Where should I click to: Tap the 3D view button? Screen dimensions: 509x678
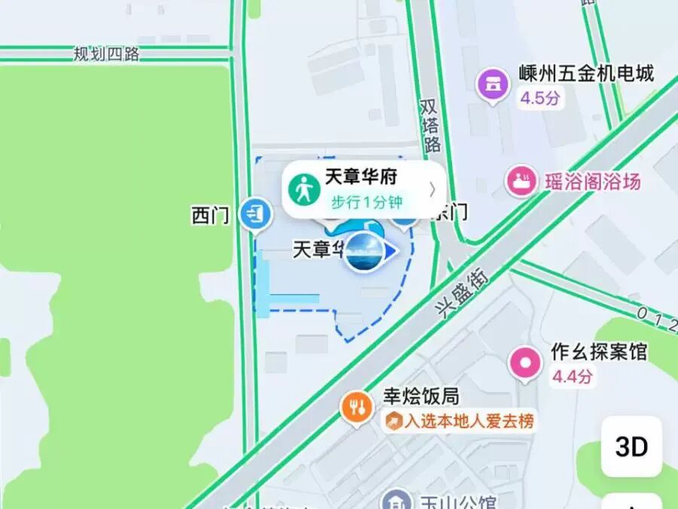point(631,447)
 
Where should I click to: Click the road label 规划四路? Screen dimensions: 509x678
point(107,54)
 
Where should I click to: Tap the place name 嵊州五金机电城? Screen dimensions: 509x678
point(586,74)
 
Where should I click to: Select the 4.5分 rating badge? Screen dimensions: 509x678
point(540,98)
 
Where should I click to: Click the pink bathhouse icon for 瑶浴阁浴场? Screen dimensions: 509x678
point(521,182)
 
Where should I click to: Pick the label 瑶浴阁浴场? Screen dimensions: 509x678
point(593,182)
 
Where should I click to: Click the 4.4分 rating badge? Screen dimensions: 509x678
point(573,376)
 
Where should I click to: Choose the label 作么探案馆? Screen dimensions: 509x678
point(599,352)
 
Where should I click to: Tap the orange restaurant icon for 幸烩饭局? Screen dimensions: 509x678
point(357,408)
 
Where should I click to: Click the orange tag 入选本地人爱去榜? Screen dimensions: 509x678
point(461,421)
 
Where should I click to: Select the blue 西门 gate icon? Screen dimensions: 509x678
point(255,213)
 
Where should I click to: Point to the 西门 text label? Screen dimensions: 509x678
point(210,216)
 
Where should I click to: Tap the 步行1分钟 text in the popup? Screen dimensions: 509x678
point(367,201)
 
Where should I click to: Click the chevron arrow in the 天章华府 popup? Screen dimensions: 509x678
point(432,189)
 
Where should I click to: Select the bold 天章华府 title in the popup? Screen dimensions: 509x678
point(361,177)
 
